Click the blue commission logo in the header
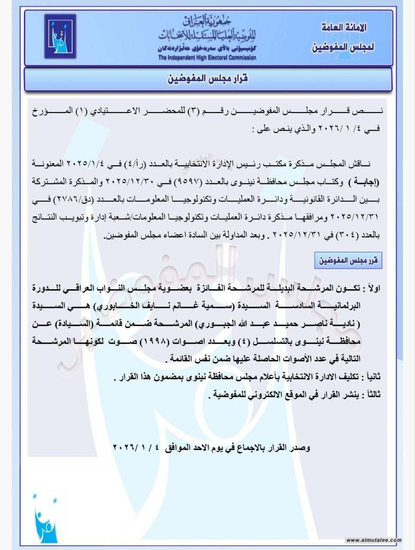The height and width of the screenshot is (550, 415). point(60,36)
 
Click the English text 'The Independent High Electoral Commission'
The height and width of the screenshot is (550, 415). point(207,58)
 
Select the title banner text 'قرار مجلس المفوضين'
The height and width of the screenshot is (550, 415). point(207,79)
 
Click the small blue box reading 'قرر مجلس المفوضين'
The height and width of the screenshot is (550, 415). point(348,260)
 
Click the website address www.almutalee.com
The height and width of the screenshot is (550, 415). point(373,540)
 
